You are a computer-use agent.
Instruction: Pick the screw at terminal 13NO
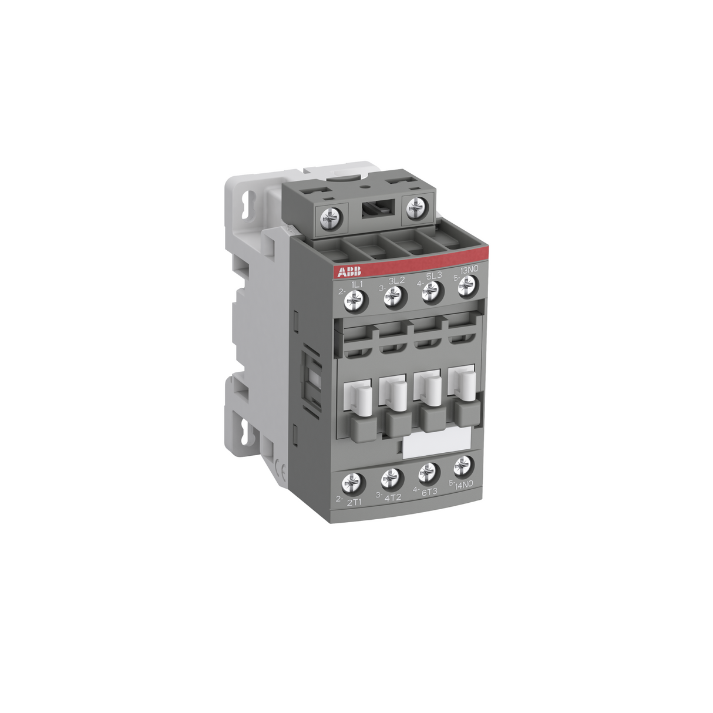click(466, 284)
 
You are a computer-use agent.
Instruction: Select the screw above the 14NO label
click(463, 466)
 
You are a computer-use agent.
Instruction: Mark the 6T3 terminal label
click(429, 492)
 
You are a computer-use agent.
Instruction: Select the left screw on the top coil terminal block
click(327, 220)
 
